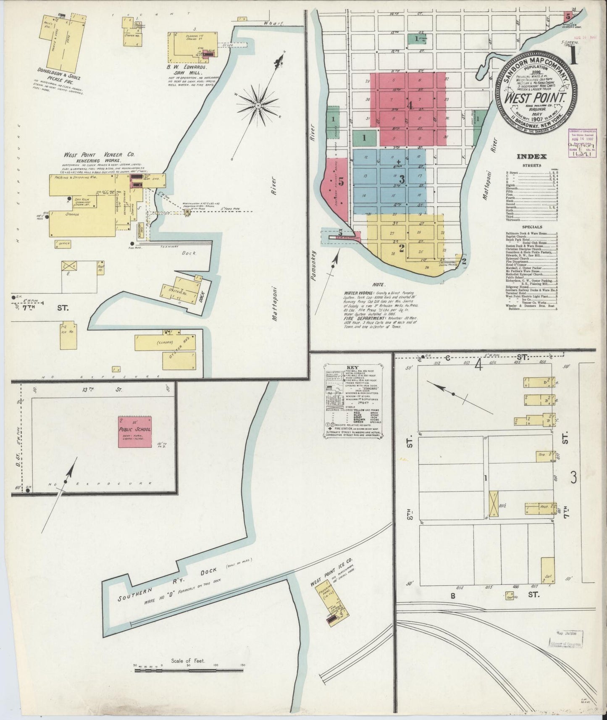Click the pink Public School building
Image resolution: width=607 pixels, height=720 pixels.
point(134,432)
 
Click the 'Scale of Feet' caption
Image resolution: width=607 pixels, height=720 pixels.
point(187,661)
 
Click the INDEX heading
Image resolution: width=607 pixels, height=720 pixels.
point(531,157)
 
